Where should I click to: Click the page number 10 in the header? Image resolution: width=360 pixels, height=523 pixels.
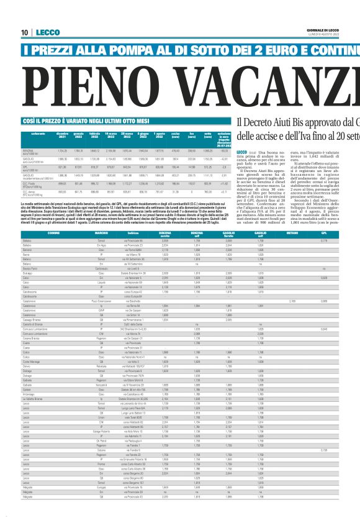coord(25,33)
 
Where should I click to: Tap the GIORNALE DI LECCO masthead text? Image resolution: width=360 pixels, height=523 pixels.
coord(338,30)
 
